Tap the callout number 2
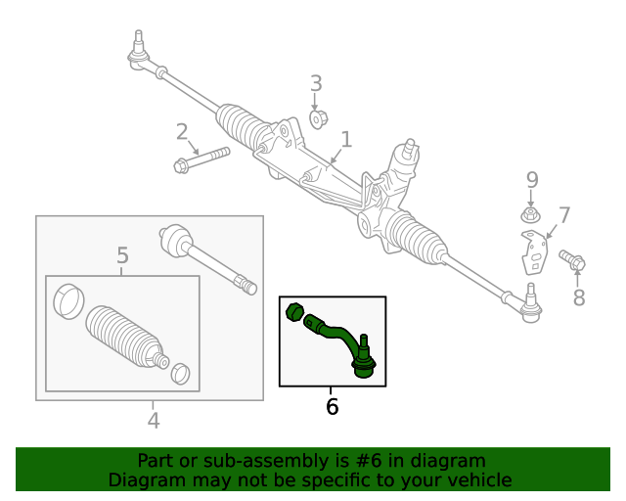point(182,132)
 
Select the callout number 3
point(316,84)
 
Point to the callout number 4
point(154,421)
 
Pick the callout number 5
point(122,256)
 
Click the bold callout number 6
point(332,406)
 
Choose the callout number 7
point(563,215)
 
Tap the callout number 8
point(578,298)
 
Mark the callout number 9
point(532,180)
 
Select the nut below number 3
point(317,119)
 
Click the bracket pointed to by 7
point(533,252)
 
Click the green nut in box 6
point(292,313)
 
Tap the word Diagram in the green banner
point(145,480)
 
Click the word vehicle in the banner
point(476,480)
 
